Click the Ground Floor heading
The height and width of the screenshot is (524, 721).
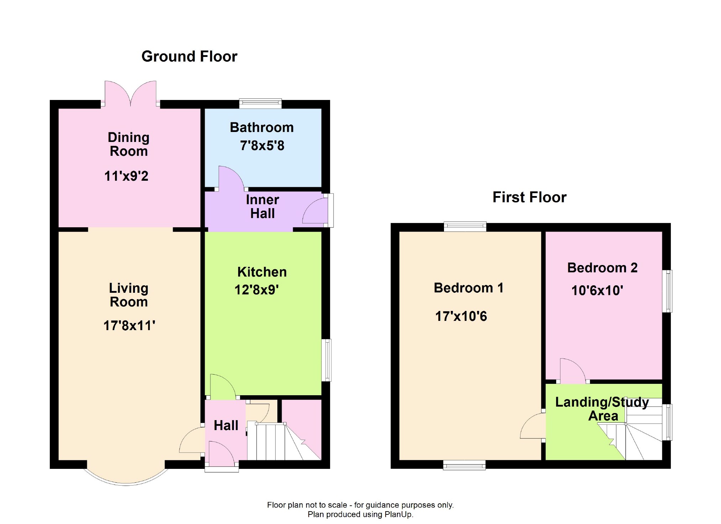click(189, 56)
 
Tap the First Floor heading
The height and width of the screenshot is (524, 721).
click(529, 197)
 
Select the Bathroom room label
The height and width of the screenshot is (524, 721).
click(262, 127)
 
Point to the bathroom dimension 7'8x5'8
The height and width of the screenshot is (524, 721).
click(262, 145)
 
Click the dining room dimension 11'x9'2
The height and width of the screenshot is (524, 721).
click(126, 176)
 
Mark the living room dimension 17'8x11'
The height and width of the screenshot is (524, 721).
click(129, 325)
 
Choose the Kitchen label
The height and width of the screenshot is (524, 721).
click(262, 272)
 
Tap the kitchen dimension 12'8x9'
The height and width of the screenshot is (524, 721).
click(256, 290)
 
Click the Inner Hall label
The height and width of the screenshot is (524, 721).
click(262, 206)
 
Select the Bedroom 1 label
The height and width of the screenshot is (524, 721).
click(469, 287)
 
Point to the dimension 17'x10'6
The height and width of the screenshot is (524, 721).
click(461, 316)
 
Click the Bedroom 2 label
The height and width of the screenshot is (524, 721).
click(602, 268)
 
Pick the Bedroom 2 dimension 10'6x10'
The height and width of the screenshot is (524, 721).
click(597, 290)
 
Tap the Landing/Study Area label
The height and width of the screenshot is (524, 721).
click(602, 409)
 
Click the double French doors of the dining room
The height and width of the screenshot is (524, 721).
click(130, 94)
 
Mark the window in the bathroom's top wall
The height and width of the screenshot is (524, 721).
click(260, 104)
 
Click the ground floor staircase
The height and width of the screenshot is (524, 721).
click(284, 441)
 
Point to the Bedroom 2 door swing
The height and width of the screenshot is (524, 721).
click(573, 370)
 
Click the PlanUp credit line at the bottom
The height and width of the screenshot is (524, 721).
click(360, 514)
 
